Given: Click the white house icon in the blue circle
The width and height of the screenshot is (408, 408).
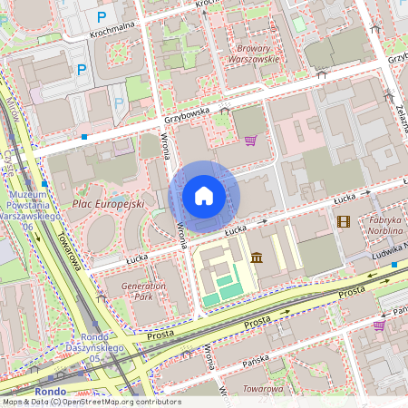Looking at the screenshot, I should pos(204,196).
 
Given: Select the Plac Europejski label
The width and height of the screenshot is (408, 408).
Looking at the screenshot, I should pos(109,204).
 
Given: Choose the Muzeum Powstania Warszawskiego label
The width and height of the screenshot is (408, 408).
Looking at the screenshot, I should pos(34,210).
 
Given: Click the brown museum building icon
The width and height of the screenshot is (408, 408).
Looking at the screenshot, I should pos(257,258).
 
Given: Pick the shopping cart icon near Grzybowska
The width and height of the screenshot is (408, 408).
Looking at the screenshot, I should pos(250,140).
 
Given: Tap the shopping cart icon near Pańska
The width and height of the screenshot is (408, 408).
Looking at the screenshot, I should pos(378,325).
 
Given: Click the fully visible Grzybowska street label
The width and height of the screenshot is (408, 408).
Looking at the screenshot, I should pos(187,114).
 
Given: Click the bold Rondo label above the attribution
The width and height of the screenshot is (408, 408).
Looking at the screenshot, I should pos(49,392).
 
